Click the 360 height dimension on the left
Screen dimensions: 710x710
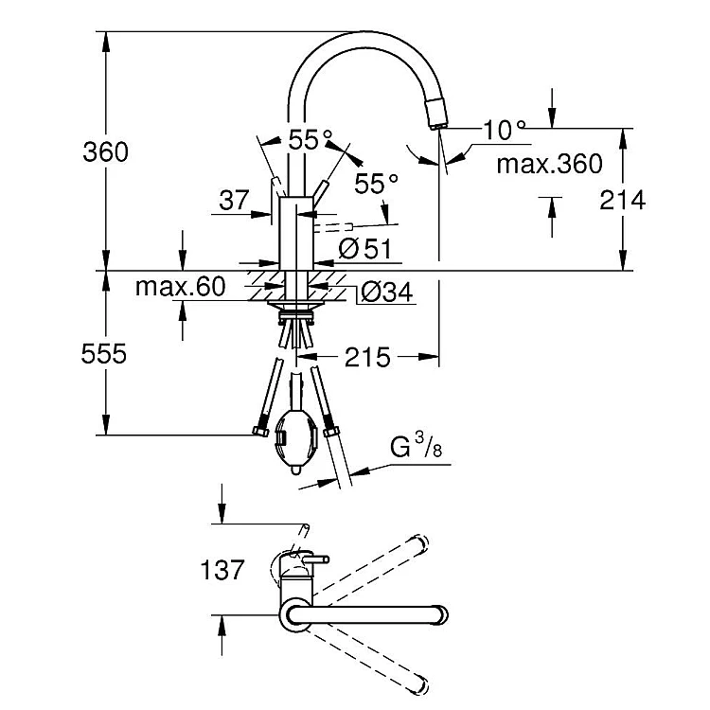pyautogui.click(x=105, y=152)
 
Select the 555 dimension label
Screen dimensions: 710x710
pyautogui.click(x=104, y=354)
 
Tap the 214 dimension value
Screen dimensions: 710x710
pyautogui.click(x=623, y=200)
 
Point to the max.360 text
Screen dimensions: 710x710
pyautogui.click(x=550, y=164)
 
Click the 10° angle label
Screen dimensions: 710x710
pyautogui.click(x=505, y=130)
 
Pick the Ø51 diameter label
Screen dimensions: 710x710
pyautogui.click(x=365, y=249)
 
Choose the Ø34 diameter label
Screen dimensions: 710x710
pyautogui.click(x=386, y=293)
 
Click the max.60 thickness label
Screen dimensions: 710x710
pyautogui.click(x=180, y=287)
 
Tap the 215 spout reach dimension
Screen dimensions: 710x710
pyautogui.click(x=367, y=357)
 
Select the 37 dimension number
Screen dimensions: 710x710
pyautogui.click(x=234, y=200)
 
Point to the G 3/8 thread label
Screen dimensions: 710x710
pyautogui.click(x=417, y=446)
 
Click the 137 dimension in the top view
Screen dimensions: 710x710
pyautogui.click(x=222, y=570)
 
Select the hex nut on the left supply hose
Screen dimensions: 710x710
pyautogui.click(x=260, y=431)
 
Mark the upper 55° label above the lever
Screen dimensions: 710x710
pyautogui.click(x=311, y=139)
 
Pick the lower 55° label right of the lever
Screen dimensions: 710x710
pyautogui.click(x=376, y=184)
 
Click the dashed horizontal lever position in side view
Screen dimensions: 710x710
pyautogui.click(x=333, y=227)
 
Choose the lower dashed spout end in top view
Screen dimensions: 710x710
pyautogui.click(x=417, y=684)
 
